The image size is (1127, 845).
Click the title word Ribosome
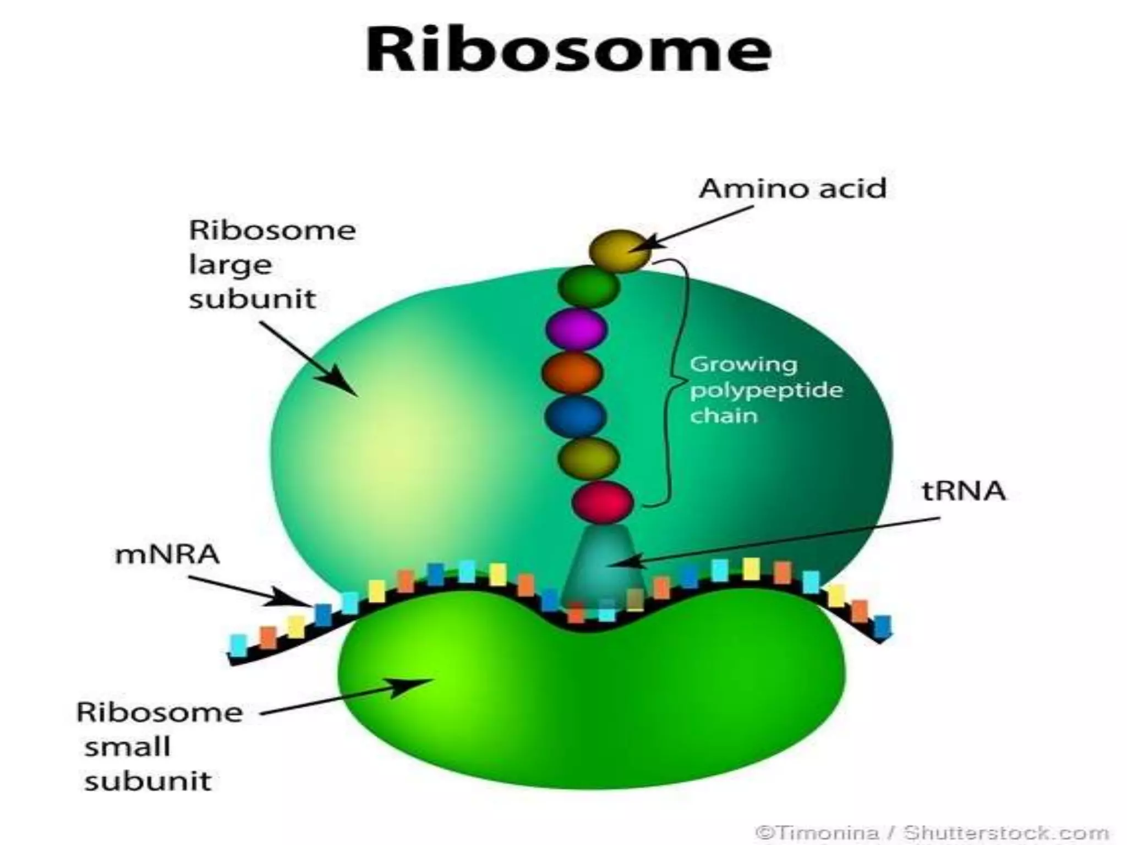[x=568, y=50]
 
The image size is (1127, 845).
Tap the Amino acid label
[x=792, y=189]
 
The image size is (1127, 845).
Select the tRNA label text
[x=963, y=491]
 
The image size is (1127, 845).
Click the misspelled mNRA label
[x=167, y=554]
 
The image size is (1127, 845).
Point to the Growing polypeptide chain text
[x=765, y=389]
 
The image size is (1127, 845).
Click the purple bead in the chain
[x=576, y=329]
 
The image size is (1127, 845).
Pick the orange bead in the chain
[x=572, y=372]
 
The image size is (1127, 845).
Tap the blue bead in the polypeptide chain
[x=575, y=416]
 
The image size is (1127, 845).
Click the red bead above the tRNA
[x=602, y=502]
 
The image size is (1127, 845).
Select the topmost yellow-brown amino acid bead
[x=619, y=251]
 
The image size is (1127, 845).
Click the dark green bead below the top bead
[x=588, y=286]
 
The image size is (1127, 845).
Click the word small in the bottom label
[x=128, y=747]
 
